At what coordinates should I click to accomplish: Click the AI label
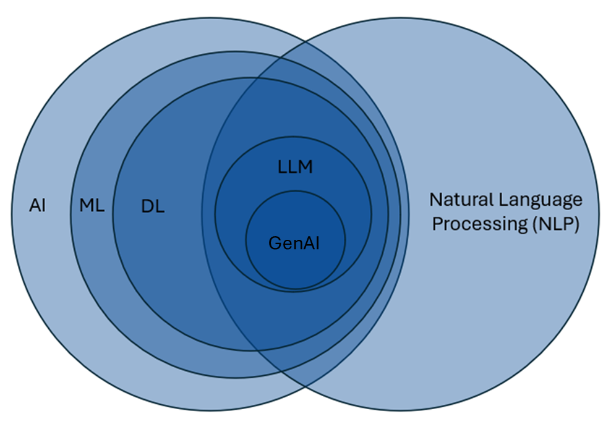click(x=37, y=206)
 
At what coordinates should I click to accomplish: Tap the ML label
click(x=92, y=206)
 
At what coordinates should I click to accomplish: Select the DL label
click(x=153, y=207)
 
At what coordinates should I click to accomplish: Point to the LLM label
click(x=296, y=167)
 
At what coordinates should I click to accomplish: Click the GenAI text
click(x=294, y=243)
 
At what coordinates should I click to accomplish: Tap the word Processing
click(x=472, y=224)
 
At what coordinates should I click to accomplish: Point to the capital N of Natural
click(x=435, y=200)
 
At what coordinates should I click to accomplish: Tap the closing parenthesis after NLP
click(x=575, y=224)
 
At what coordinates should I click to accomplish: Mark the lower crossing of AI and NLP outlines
click(x=305, y=387)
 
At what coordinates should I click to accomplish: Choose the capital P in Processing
click(x=437, y=224)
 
